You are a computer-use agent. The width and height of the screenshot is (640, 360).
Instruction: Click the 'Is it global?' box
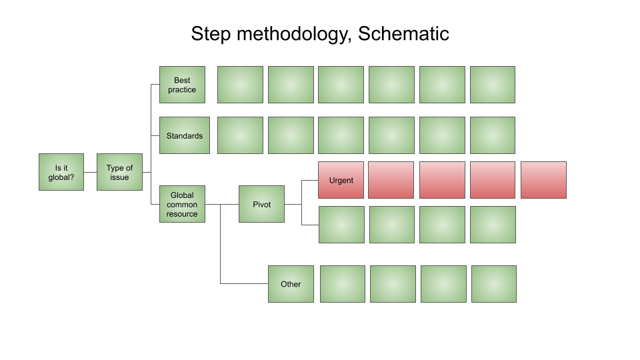[61, 172]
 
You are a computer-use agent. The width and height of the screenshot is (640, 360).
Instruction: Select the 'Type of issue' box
[119, 172]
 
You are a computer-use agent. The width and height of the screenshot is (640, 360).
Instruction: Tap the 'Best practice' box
[182, 85]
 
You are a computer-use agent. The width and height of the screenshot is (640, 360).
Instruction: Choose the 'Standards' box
[185, 135]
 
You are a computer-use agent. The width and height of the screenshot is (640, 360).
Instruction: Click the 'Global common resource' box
[182, 204]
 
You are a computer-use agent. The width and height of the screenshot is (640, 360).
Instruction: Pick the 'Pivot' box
[261, 204]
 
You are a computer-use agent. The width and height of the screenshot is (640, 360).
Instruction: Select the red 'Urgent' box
[341, 180]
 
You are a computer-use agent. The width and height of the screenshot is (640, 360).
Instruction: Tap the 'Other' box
[291, 284]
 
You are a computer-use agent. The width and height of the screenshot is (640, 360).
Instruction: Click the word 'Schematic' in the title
[403, 33]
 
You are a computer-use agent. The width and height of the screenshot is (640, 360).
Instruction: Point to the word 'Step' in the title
[211, 34]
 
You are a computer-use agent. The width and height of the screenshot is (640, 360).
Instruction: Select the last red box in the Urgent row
[544, 180]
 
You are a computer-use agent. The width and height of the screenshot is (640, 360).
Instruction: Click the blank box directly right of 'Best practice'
[241, 85]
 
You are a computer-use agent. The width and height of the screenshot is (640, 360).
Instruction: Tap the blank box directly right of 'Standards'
[241, 135]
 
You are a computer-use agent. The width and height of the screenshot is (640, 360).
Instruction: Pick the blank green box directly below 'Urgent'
[341, 225]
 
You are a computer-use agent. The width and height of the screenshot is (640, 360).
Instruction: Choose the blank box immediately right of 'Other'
[343, 284]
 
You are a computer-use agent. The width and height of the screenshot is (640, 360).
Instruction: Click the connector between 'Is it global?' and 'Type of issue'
[90, 172]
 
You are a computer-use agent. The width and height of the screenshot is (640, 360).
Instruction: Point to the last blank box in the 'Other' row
[494, 284]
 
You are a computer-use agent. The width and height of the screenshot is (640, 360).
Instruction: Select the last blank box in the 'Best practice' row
[493, 85]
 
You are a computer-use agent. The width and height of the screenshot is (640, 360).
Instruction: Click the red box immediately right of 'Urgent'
[391, 180]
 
